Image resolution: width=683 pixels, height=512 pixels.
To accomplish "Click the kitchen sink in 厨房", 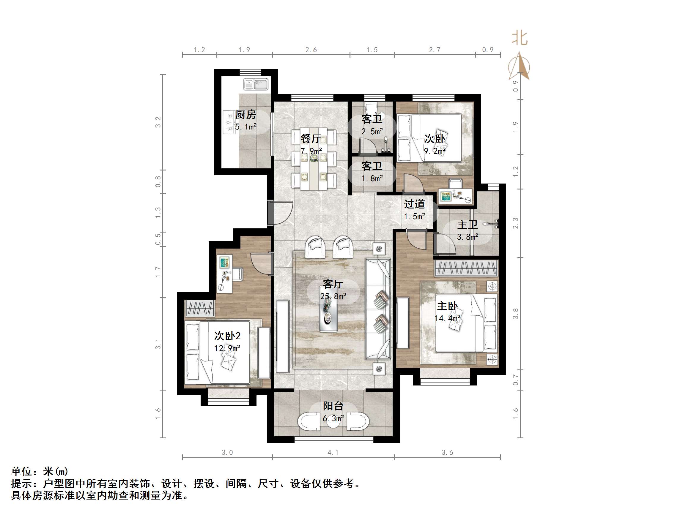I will [x=256, y=84].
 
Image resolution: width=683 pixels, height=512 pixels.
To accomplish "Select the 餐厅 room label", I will [x=311, y=139].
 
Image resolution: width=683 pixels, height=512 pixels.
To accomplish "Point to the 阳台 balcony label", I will [x=333, y=406].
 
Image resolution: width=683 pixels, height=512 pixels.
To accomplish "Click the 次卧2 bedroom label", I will [x=227, y=336].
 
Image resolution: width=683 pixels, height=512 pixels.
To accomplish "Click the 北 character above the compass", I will [x=520, y=39].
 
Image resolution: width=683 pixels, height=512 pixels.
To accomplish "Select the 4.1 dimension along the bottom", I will [x=333, y=452].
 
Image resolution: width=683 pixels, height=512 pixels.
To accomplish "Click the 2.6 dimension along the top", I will [x=311, y=50].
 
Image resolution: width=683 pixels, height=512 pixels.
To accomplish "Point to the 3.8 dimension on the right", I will [x=515, y=314].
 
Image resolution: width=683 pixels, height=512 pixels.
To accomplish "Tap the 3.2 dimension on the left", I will [x=158, y=122].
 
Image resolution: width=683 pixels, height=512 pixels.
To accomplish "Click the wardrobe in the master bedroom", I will [x=466, y=268].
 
